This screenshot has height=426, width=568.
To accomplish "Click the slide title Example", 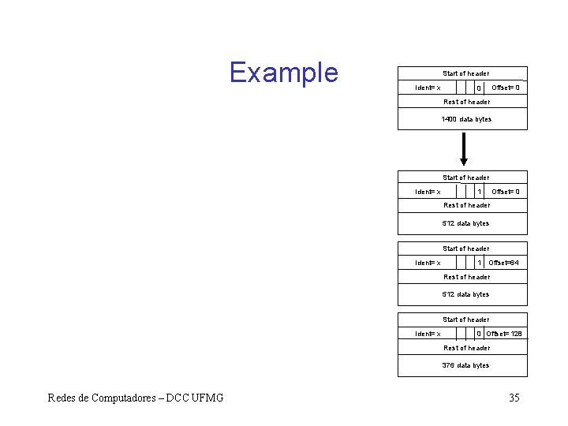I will tap(283, 73).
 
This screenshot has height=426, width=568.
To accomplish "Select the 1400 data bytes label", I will tap(466, 120).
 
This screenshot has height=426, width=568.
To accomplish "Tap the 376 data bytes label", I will tap(466, 366).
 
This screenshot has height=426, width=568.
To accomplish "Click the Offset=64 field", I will tap(504, 263).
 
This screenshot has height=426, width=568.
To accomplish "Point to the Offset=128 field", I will tap(504, 334).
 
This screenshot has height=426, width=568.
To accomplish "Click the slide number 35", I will tap(514, 398).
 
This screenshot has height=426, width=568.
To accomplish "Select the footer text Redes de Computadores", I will tap(135, 398).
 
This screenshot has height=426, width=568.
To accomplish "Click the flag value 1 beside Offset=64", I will tap(480, 263).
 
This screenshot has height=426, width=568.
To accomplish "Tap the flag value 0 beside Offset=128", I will tap(480, 334).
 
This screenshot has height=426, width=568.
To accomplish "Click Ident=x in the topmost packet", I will tap(428, 88).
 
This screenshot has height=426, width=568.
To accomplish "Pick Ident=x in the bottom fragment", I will tap(428, 334).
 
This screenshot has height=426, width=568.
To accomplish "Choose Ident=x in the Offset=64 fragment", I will tap(428, 263).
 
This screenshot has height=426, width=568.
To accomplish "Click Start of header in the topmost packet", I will tap(466, 74).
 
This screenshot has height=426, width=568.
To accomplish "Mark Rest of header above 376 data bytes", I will tap(466, 348).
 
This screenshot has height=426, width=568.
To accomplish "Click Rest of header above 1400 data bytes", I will tap(466, 102).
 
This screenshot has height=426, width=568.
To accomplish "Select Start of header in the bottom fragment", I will tap(466, 320).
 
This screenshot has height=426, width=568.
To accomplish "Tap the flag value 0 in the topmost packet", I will tap(480, 88).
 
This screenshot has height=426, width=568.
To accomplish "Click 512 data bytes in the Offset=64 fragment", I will tap(466, 295).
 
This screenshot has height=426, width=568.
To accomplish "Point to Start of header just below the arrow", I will tap(466, 178).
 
